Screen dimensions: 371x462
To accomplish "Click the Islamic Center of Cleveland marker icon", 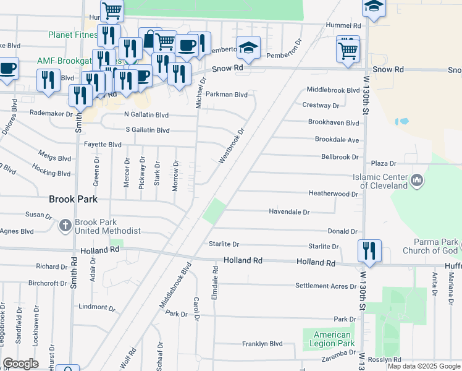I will click(x=418, y=181).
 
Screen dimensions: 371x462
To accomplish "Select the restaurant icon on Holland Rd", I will click(x=369, y=251).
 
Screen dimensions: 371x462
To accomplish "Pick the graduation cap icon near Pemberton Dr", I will click(x=248, y=49).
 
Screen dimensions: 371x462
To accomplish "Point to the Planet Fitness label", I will click(x=73, y=35).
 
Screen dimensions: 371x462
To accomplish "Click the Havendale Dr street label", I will click(x=289, y=211).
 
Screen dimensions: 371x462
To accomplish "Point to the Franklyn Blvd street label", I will click(x=262, y=344).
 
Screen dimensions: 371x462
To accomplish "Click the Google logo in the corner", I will click(x=21, y=364).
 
